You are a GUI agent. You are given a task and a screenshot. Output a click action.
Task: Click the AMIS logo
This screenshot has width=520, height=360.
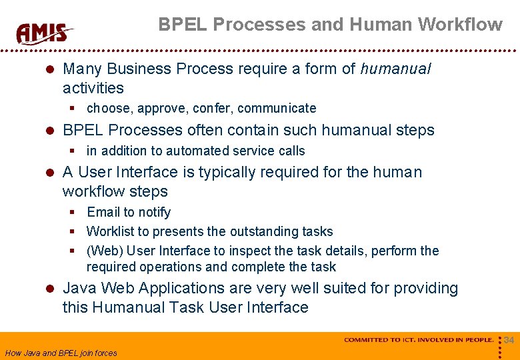click(44, 33)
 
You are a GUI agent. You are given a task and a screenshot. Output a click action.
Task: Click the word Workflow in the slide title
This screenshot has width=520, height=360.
click(460, 25)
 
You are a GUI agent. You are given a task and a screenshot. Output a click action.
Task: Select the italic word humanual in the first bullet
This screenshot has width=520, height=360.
click(395, 69)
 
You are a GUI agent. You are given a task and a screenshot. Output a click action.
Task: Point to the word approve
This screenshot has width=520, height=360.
click(160, 108)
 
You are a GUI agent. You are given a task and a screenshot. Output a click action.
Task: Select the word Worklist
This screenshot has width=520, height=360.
click(109, 231)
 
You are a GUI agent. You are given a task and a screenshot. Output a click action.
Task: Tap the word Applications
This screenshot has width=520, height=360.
click(177, 289)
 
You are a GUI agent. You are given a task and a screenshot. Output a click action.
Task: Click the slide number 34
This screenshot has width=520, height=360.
click(509, 341)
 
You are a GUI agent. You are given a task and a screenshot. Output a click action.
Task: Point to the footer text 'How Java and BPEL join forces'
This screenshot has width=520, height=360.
click(61, 353)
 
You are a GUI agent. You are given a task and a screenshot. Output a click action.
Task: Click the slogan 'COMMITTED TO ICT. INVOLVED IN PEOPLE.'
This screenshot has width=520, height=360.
click(419, 340)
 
